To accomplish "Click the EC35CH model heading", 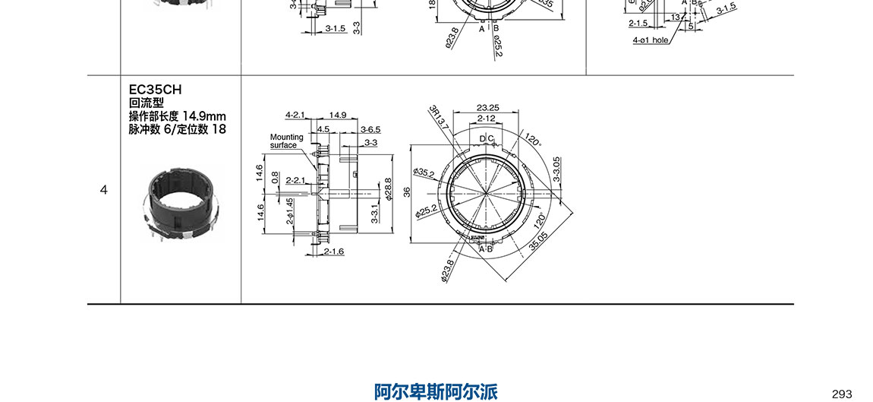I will (155, 89).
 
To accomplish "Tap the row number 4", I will (104, 190).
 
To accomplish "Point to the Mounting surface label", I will (286, 141).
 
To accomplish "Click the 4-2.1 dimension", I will (295, 116).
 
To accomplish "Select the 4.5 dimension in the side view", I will (323, 129).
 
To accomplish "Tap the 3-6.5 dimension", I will (370, 129).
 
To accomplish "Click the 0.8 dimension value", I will (275, 177).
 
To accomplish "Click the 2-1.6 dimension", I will (334, 252).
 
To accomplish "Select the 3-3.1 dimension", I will (373, 214).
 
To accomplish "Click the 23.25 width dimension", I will (487, 108).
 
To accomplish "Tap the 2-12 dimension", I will (486, 119).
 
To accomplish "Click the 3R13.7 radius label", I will (439, 116).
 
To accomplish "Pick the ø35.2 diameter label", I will (424, 173).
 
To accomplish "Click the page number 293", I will (842, 394).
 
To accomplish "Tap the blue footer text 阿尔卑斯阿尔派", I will (436, 392).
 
